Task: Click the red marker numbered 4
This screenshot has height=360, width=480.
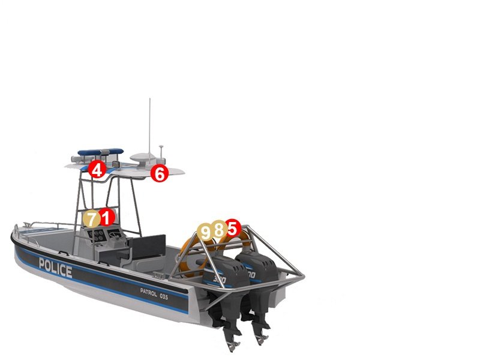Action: click(x=97, y=169)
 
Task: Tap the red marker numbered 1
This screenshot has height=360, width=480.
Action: click(x=106, y=217)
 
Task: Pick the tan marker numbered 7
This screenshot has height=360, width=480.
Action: click(x=92, y=218)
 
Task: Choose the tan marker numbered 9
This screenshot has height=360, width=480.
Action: click(x=206, y=232)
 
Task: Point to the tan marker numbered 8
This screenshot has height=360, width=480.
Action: click(x=218, y=229)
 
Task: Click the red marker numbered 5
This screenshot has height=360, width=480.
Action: click(x=232, y=228)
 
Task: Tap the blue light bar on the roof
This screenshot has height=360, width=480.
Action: click(x=100, y=152)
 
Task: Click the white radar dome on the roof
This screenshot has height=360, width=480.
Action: click(x=143, y=158)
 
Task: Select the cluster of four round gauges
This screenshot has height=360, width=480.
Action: click(x=98, y=235)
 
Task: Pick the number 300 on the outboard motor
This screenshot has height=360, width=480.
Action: click(x=219, y=280)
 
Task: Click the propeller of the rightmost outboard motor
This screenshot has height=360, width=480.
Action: click(x=261, y=339)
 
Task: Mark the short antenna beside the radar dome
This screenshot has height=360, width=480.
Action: click(x=161, y=153)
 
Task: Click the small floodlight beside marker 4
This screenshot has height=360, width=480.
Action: click(x=116, y=164)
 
